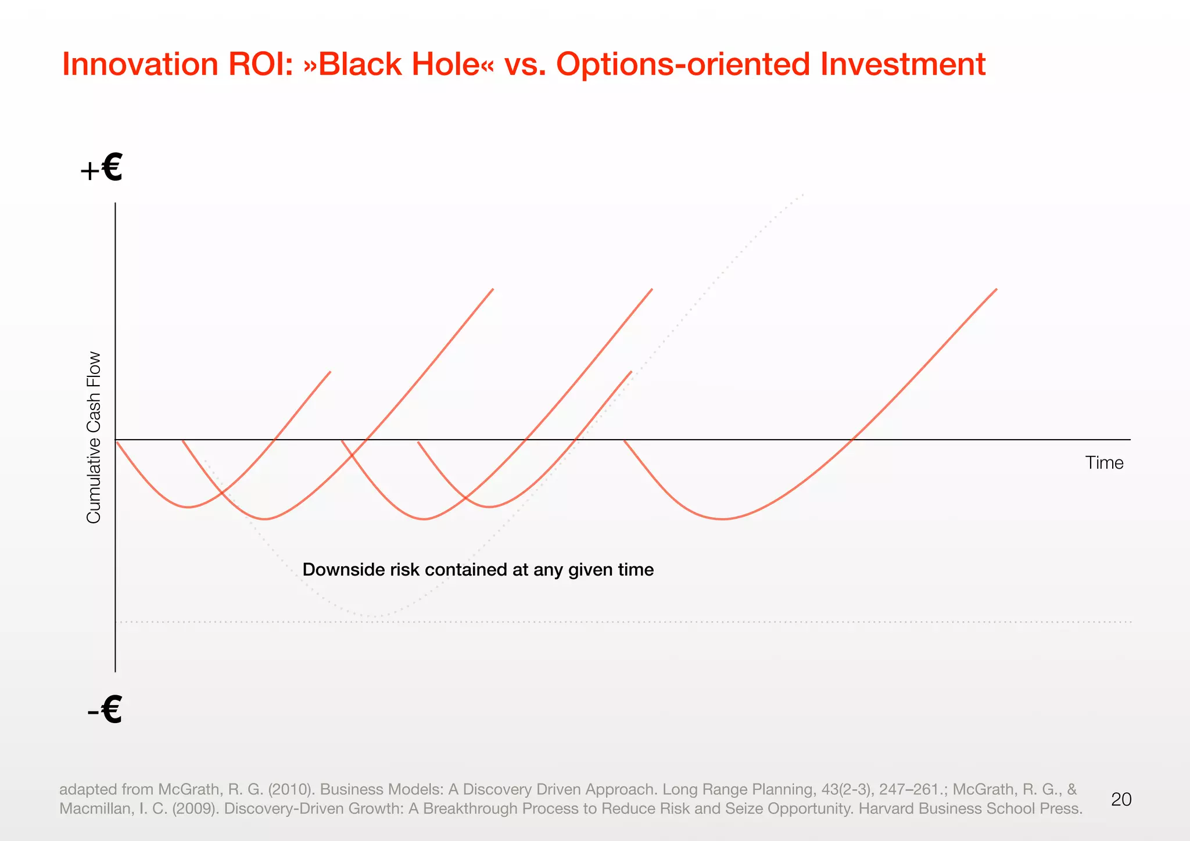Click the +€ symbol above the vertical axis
[102, 168]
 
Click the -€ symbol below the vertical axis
[105, 710]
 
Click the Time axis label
[1104, 463]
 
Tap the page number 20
[1121, 800]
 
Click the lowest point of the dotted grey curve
[375, 616]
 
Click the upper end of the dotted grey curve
[803, 194]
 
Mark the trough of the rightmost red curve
[722, 519]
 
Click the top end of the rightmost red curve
[997, 289]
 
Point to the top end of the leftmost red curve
[330, 372]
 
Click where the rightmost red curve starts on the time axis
[625, 441]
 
